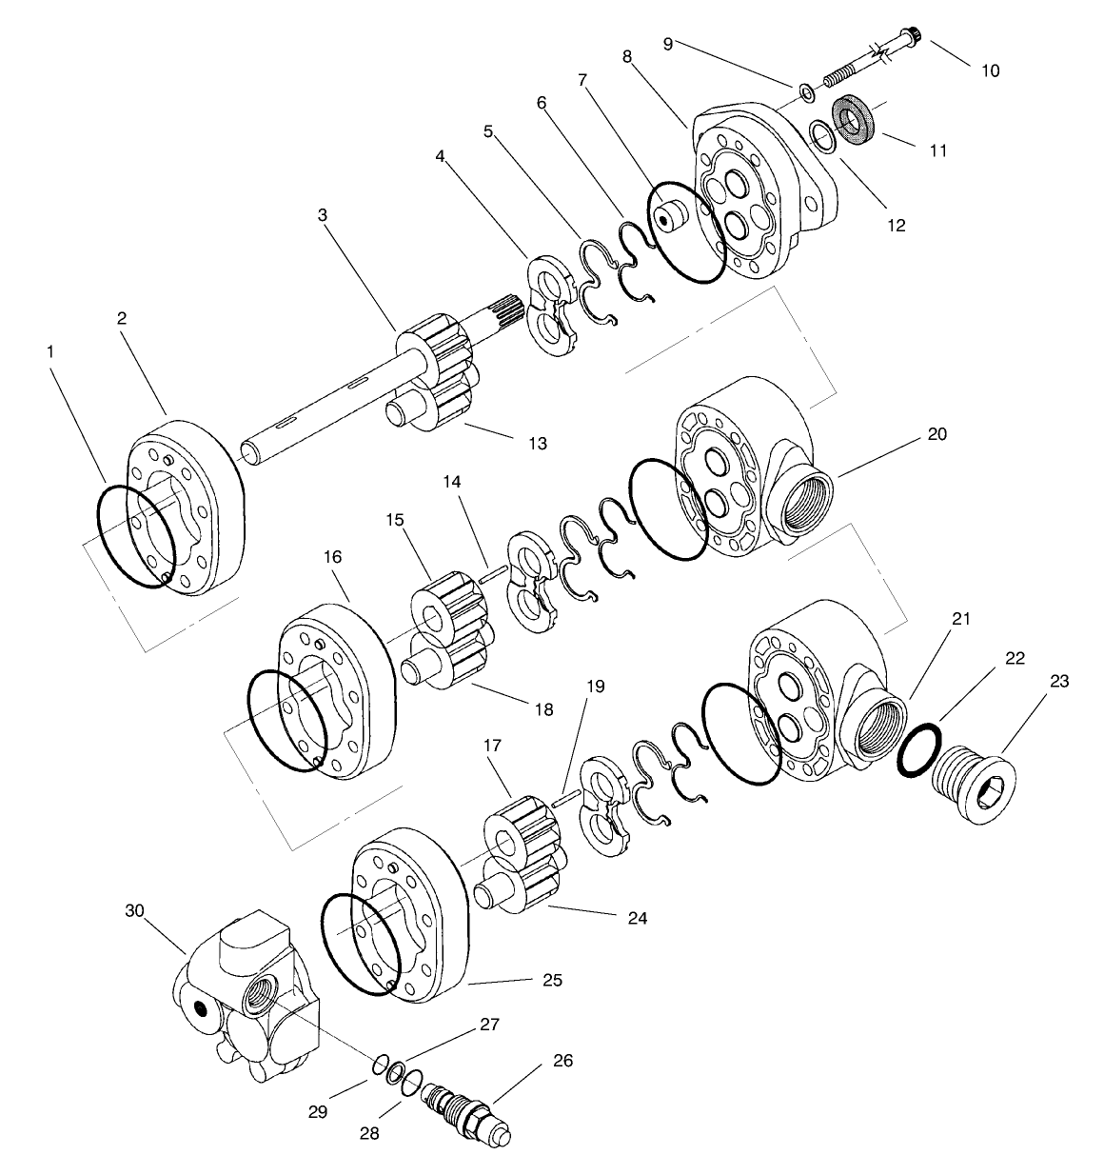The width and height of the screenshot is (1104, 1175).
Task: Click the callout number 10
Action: tap(990, 70)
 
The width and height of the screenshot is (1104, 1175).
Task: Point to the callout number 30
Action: tap(134, 910)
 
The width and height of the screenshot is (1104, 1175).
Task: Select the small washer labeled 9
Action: tap(804, 92)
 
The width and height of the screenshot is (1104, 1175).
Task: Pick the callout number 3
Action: tap(323, 215)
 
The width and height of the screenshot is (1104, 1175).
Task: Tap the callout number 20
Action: tap(936, 433)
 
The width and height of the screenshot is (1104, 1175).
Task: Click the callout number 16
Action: tap(333, 556)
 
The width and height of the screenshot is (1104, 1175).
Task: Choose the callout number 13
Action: tap(538, 444)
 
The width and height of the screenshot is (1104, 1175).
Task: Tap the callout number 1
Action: tap(50, 351)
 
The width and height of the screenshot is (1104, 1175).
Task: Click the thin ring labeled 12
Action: tap(823, 136)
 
